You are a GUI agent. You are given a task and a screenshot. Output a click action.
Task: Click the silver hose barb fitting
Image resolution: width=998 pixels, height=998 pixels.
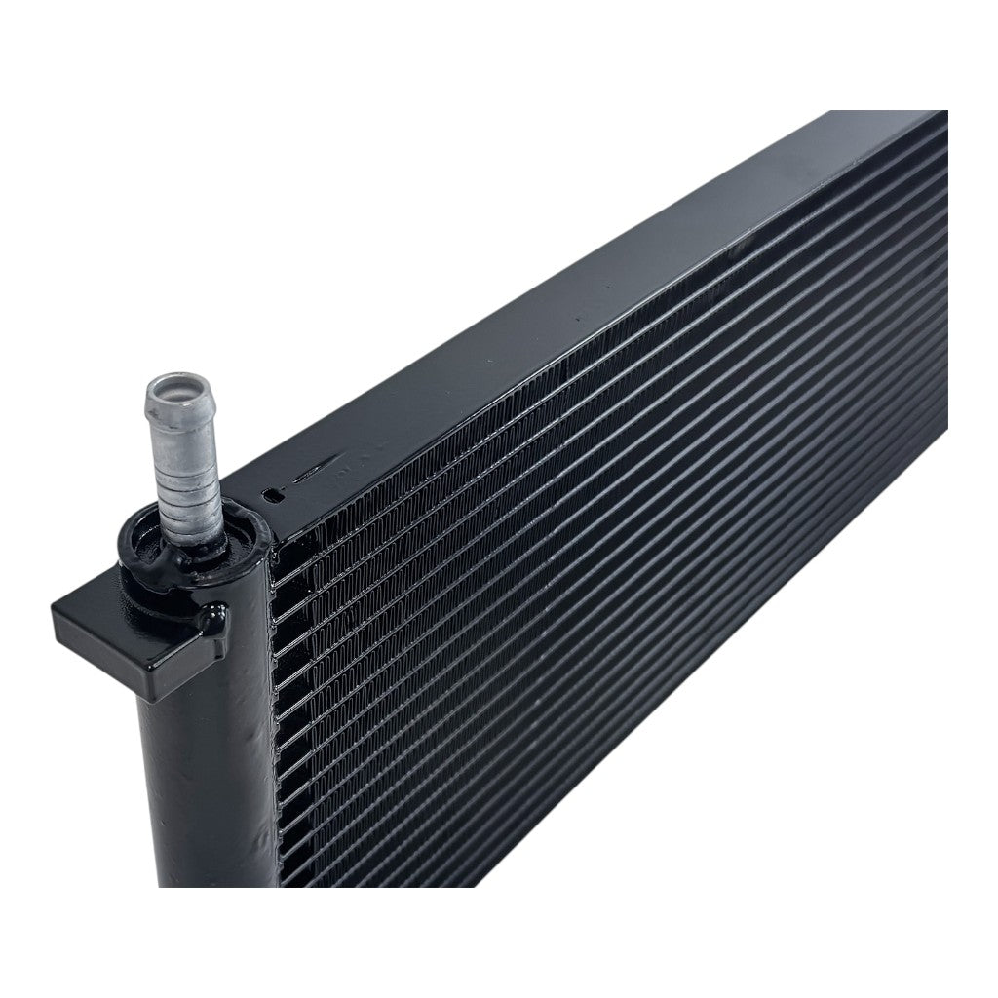coord(181,458)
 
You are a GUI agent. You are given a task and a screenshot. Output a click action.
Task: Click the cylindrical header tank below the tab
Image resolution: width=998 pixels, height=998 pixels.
coord(205,780)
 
